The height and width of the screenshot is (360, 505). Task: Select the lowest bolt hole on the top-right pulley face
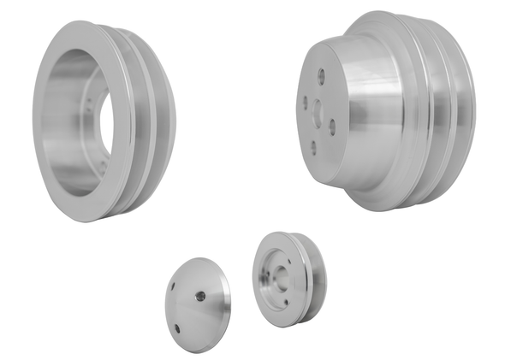click(312, 146)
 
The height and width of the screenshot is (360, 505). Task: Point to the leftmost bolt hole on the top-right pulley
click(304, 101)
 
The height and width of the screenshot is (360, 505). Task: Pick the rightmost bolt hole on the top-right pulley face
click(331, 123)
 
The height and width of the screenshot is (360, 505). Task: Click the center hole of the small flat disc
click(199, 296)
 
